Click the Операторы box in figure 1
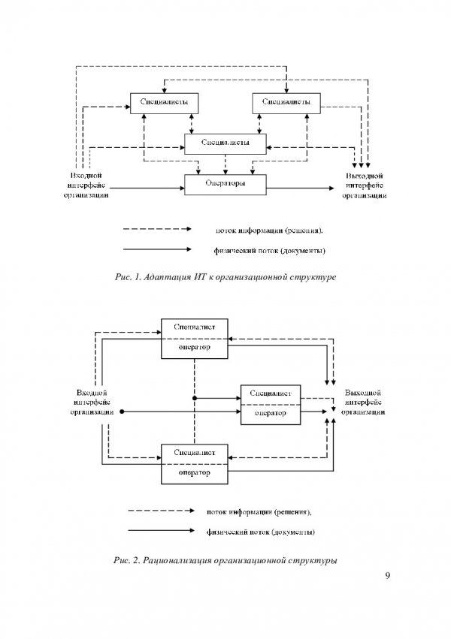coord(225,185)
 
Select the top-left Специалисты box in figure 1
coord(164,103)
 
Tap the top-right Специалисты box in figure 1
coord(286,103)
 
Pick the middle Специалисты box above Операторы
coord(225,144)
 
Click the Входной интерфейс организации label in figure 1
coord(86,185)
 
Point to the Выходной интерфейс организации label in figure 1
coord(364,185)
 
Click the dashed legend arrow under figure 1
coord(157,229)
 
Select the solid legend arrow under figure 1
coord(157,249)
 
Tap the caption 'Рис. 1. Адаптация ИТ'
coord(225,277)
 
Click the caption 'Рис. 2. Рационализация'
coord(225,560)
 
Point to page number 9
coord(387,575)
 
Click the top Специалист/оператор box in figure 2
coord(195,339)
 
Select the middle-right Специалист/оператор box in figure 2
coord(271,405)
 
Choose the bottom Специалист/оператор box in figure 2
coord(195,464)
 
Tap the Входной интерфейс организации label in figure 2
coord(92,402)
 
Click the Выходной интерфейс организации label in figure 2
coord(363,402)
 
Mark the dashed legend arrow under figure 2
coord(162,511)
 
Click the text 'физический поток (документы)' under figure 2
coord(261,532)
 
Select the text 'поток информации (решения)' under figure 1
coord(269,231)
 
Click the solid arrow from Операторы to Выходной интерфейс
coord(300,188)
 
